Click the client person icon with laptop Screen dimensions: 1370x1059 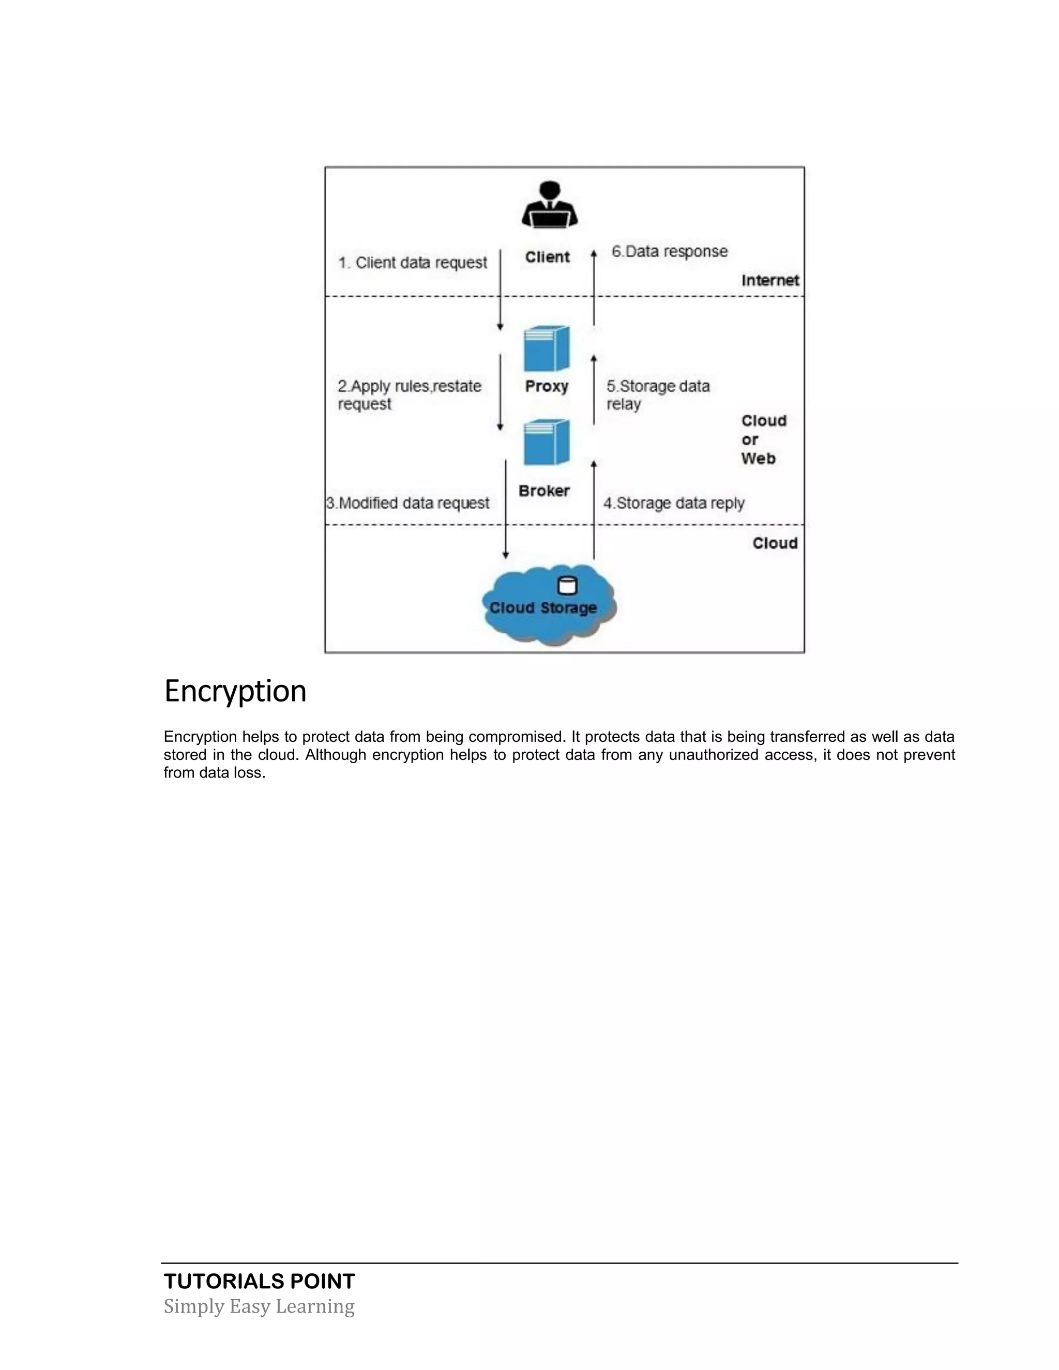click(x=549, y=205)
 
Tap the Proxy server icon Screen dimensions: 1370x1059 click(x=547, y=349)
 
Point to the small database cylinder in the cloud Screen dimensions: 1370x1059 click(x=567, y=586)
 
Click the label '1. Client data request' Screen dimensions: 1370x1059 click(x=412, y=262)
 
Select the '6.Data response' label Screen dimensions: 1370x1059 click(x=670, y=252)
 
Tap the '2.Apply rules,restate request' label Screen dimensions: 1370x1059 click(x=409, y=394)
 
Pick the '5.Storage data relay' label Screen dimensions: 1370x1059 click(x=658, y=394)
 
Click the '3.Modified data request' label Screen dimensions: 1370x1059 click(x=408, y=503)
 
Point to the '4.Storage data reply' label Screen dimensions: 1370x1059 click(x=674, y=503)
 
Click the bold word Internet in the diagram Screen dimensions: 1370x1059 click(x=770, y=280)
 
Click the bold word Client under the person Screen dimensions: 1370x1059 click(x=547, y=257)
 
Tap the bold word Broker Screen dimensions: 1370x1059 click(x=544, y=491)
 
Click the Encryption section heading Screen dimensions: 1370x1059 click(x=235, y=691)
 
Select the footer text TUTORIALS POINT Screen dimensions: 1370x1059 click(x=259, y=1282)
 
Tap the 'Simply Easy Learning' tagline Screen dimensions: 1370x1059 click(x=259, y=1306)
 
